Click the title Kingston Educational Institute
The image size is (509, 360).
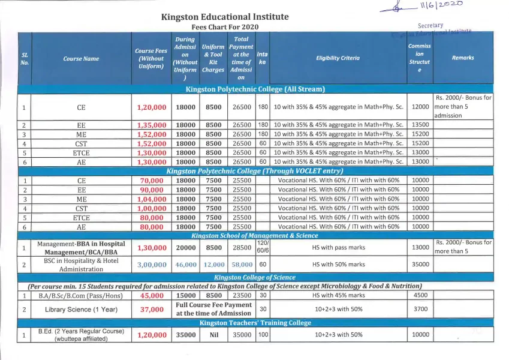point(225,17)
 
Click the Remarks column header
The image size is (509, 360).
point(463,58)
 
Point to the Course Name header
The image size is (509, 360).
point(81,59)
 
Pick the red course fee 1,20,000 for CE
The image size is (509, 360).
point(152,107)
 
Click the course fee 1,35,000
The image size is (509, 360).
point(152,125)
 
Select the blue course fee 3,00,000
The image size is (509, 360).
point(152,265)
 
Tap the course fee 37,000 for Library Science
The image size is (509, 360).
point(152,310)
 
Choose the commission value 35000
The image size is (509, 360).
point(420,265)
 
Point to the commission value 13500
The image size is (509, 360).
point(420,125)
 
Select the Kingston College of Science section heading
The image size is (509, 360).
point(255,278)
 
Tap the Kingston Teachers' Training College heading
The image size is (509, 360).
point(255,323)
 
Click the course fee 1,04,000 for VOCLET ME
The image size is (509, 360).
point(152,199)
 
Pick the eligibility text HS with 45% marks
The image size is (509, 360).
point(338,296)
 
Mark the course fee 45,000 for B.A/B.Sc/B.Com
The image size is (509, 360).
point(152,296)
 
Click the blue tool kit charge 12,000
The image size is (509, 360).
point(214,265)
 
